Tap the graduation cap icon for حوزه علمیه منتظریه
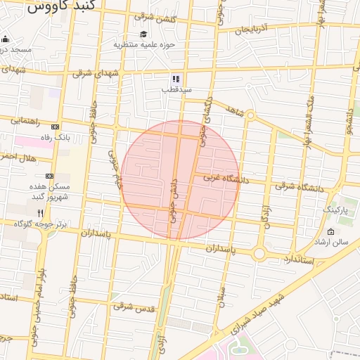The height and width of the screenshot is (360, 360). coord(143,34)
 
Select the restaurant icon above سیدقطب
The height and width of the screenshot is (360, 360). coord(176,79)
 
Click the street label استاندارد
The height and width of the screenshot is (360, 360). coord(297,260)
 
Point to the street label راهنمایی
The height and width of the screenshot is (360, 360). coord(26,121)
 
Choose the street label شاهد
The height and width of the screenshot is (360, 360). coord(234,110)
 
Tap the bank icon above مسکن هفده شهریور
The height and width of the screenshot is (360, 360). coord(49,176)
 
